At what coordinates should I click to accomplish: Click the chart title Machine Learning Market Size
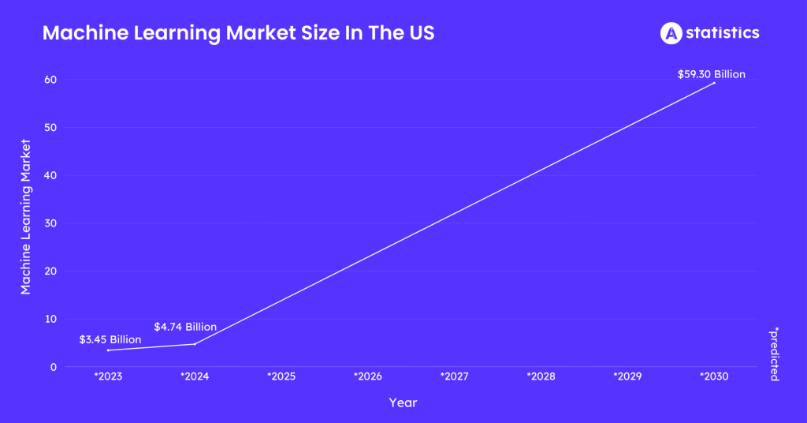(237, 33)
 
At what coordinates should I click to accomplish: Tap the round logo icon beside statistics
(671, 32)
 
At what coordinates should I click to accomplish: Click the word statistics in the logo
(723, 32)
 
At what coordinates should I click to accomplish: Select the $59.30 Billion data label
(711, 74)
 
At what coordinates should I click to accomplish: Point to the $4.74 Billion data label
(185, 327)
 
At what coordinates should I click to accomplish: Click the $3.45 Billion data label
(110, 339)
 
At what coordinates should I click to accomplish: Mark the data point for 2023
(108, 350)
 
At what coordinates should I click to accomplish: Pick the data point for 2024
(195, 343)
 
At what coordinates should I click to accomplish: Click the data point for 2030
(714, 83)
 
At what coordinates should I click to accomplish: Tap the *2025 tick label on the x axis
(281, 376)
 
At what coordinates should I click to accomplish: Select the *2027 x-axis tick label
(455, 376)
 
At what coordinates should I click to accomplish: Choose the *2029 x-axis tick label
(627, 376)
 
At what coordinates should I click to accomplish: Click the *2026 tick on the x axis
(368, 376)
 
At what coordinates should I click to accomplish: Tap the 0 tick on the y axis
(53, 367)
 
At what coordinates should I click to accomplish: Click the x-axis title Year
(403, 402)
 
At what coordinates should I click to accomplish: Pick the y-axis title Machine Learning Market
(26, 217)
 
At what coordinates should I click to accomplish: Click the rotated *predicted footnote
(774, 354)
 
